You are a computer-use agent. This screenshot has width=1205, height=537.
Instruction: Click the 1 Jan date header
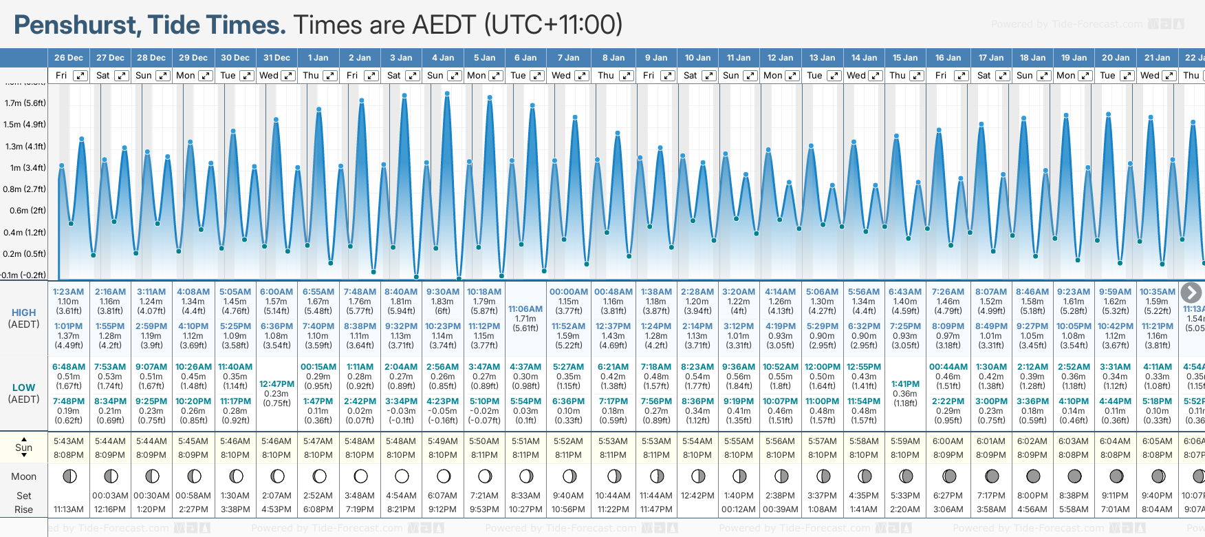click(318, 58)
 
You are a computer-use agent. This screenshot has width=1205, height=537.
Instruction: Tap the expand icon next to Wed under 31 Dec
click(288, 76)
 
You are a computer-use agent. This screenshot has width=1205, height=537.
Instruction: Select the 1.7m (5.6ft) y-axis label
click(25, 103)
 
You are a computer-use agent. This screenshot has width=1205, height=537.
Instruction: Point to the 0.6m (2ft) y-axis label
click(25, 211)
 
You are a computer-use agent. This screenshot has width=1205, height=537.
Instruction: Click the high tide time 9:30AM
click(443, 292)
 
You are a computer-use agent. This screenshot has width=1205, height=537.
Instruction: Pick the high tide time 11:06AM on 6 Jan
click(525, 309)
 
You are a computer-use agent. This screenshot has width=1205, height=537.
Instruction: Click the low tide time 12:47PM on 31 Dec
click(276, 384)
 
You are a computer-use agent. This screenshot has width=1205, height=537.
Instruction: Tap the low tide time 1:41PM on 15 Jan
click(905, 384)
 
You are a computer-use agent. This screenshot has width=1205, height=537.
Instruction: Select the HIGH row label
click(24, 313)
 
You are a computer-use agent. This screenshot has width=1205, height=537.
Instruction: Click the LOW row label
click(24, 388)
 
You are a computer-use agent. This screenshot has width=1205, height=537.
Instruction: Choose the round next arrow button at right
click(1191, 293)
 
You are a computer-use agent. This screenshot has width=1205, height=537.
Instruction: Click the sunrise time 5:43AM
click(69, 441)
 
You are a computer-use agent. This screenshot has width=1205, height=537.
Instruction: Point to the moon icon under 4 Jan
click(444, 476)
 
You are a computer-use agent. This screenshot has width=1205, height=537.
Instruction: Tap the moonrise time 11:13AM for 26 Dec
click(69, 509)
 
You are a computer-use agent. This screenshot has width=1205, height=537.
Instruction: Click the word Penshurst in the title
click(76, 25)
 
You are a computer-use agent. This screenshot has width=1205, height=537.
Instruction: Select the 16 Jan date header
click(948, 58)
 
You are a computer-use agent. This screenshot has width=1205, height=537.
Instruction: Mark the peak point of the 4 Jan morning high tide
click(447, 92)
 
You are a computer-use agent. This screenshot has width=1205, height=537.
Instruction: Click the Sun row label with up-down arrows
click(24, 447)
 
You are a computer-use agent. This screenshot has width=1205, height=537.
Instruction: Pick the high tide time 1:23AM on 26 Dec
click(69, 292)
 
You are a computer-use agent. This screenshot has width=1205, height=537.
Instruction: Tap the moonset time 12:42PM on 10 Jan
click(697, 496)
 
